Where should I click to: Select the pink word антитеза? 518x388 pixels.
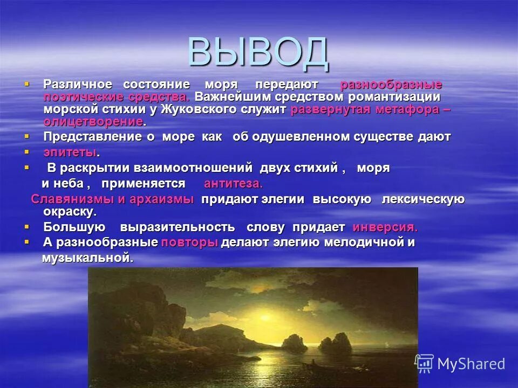click(233, 183)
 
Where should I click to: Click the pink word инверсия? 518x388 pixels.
click(385, 227)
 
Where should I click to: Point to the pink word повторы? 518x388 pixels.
click(189, 242)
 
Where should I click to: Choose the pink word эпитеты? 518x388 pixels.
click(70, 153)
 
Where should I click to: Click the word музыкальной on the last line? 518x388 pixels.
click(87, 258)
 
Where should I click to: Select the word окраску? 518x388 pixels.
click(69, 211)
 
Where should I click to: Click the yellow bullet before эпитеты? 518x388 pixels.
click(26, 152)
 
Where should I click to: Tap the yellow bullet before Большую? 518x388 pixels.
click(26, 226)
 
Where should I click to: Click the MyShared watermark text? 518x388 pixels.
click(471, 364)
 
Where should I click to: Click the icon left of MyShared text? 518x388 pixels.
click(424, 364)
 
